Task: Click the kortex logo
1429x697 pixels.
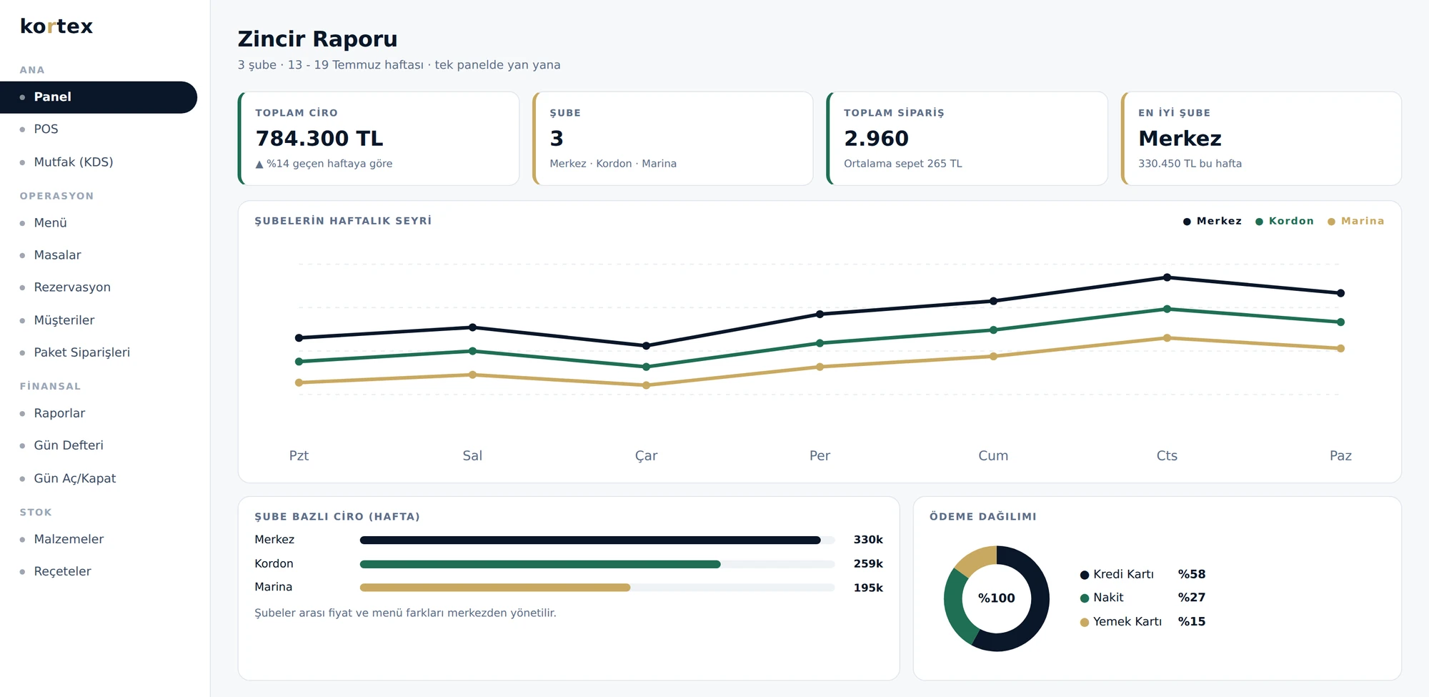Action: tap(56, 26)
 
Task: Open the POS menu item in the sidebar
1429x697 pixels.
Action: tap(46, 129)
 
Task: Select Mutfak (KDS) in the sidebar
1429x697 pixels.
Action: tap(74, 162)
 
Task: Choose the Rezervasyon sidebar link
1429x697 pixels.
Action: tap(72, 287)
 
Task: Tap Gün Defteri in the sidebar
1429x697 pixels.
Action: tap(69, 445)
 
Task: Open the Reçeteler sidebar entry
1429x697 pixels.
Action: tap(63, 571)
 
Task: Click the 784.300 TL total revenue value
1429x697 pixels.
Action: tap(319, 138)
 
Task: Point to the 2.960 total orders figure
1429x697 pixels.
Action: tap(876, 138)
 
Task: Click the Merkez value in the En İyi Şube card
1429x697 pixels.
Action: tap(1180, 138)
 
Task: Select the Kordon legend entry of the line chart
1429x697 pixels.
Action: tap(1285, 222)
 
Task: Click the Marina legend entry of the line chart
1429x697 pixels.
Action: tap(1356, 222)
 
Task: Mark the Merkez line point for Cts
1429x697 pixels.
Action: tap(1167, 277)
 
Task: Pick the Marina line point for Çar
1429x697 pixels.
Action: tap(646, 385)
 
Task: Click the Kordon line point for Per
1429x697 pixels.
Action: tap(820, 343)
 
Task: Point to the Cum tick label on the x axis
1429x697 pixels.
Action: tap(993, 456)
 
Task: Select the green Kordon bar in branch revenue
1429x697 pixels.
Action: tap(540, 564)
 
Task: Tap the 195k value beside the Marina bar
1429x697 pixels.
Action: tap(868, 588)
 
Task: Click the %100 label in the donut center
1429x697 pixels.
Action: tap(996, 598)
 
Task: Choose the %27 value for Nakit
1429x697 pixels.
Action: tap(1192, 598)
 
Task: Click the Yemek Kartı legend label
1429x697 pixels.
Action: tap(1127, 622)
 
